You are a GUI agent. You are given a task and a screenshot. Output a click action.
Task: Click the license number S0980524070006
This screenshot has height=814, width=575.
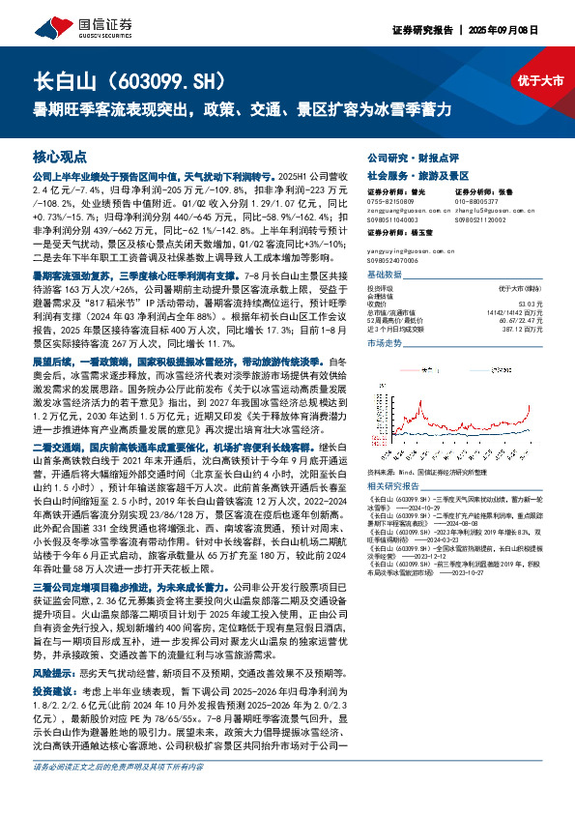coord(396,260)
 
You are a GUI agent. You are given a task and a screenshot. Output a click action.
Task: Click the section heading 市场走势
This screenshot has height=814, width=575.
coord(386,342)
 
